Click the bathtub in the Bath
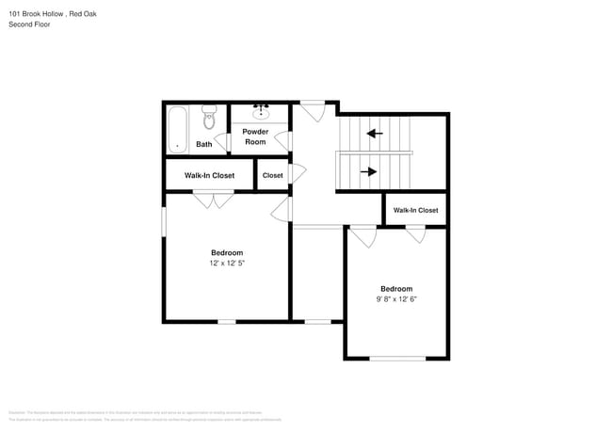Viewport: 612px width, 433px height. (x=177, y=128)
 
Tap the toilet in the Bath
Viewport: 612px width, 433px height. (x=209, y=120)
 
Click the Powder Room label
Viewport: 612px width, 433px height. (x=255, y=136)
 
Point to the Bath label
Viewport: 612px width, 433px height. (x=203, y=144)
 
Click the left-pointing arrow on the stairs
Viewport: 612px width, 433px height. (x=375, y=133)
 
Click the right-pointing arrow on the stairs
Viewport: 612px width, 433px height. (x=369, y=171)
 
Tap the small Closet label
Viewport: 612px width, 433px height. (x=272, y=175)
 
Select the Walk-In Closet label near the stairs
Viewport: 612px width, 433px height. (x=415, y=210)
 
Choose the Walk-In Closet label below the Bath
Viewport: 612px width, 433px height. (x=209, y=175)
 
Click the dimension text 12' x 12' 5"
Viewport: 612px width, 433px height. (x=227, y=264)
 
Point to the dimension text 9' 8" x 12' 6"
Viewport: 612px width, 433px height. (x=396, y=299)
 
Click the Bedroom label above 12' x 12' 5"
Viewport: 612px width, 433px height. (x=227, y=252)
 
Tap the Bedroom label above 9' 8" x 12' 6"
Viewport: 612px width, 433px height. (x=396, y=288)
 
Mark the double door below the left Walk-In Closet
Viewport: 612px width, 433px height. (x=214, y=198)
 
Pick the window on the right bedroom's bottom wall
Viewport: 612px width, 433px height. (x=396, y=358)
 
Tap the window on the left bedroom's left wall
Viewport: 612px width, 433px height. (x=164, y=222)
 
